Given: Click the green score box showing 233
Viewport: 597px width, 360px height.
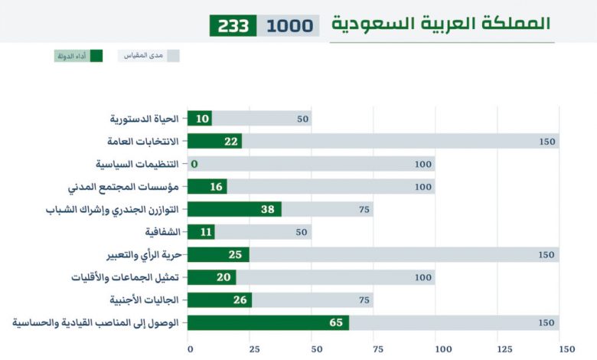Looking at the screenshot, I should click(233, 25).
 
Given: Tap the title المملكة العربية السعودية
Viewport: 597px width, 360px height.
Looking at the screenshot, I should click(440, 23).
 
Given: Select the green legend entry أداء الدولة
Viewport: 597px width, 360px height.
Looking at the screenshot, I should click(78, 56).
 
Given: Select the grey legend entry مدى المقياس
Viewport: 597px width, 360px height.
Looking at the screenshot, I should click(148, 56).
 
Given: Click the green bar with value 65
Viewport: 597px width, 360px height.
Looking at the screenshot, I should click(268, 322).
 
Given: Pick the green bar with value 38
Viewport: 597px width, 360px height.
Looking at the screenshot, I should click(233, 209).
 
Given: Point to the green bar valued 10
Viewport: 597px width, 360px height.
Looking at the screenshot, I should click(199, 119).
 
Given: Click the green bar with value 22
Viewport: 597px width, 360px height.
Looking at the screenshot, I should click(214, 141).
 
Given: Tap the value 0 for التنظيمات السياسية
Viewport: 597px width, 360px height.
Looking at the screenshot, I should click(194, 164).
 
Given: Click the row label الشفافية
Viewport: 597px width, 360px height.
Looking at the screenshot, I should click(162, 232).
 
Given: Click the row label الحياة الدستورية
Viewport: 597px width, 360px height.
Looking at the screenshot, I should click(145, 119).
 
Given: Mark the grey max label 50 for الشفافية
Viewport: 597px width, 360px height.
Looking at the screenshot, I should click(303, 232).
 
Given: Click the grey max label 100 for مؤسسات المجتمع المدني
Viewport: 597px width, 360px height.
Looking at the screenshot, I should click(423, 186).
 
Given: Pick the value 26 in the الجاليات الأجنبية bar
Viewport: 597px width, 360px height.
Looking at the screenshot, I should click(240, 299).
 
